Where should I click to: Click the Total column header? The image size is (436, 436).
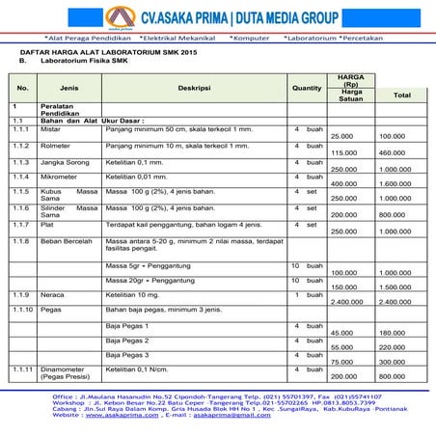pos(401,95)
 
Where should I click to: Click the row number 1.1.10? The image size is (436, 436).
pos(23,309)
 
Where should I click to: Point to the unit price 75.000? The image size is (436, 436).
pos(343,361)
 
